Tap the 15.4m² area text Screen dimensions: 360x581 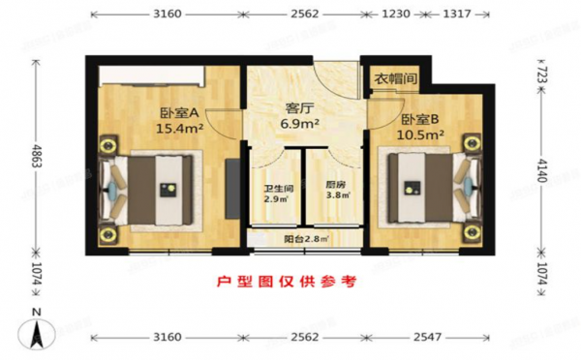[x=179, y=128]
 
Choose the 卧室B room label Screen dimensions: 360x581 [x=421, y=121]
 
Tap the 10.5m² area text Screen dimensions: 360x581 [x=422, y=136]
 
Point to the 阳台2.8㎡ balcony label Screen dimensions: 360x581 [x=306, y=237]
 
